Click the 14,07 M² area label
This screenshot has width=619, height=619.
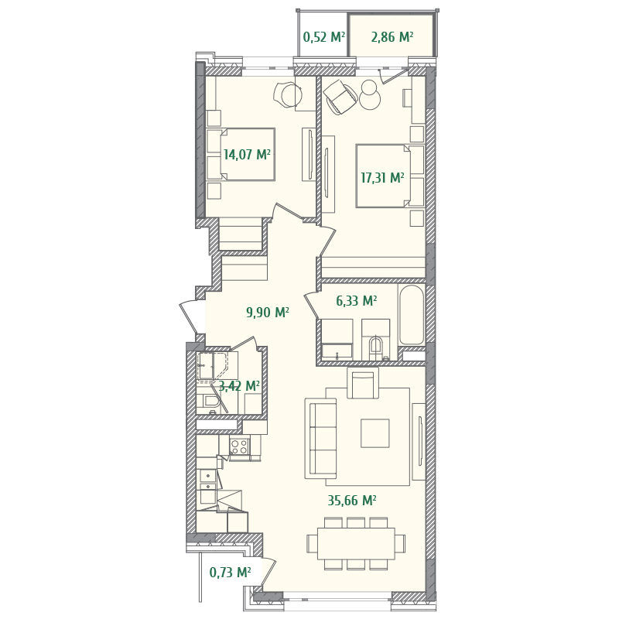[x=247, y=155]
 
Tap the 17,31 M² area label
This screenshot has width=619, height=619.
[x=382, y=178]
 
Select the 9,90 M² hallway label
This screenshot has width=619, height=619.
[x=268, y=313]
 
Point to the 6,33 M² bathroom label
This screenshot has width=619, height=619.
[x=357, y=301]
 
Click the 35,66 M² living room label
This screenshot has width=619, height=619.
[x=352, y=501]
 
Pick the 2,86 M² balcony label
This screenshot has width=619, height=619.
[x=392, y=37]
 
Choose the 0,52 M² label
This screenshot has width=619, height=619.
[x=324, y=37]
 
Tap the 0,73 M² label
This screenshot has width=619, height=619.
[x=230, y=573]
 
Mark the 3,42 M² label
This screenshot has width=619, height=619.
[x=239, y=386]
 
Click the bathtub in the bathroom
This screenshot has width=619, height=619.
[x=412, y=315]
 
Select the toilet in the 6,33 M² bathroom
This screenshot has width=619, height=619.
[x=375, y=346]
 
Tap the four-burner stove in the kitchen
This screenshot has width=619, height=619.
[x=239, y=446]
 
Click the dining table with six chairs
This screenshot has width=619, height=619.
[x=356, y=543]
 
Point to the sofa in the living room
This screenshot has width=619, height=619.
[x=320, y=438]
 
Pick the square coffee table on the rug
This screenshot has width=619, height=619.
[x=374, y=433]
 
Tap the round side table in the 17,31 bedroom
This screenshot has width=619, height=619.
[x=370, y=100]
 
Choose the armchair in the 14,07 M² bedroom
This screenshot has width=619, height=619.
[x=287, y=95]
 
